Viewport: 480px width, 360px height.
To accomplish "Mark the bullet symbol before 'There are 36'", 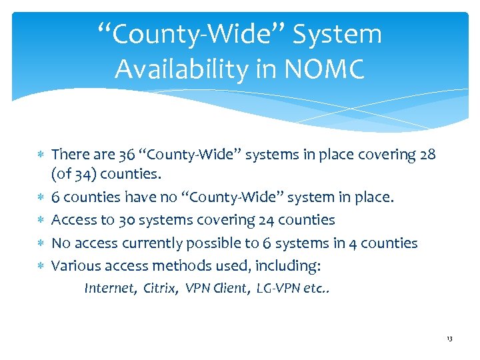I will click(40, 155).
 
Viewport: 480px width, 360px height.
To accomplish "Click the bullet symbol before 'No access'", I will click(40, 243).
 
